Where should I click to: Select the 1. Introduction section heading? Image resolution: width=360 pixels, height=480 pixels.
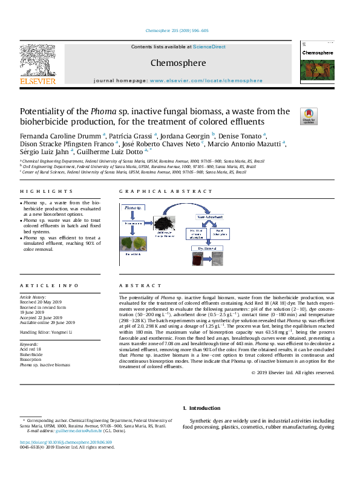pyautogui.click(x=203, y=408)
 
